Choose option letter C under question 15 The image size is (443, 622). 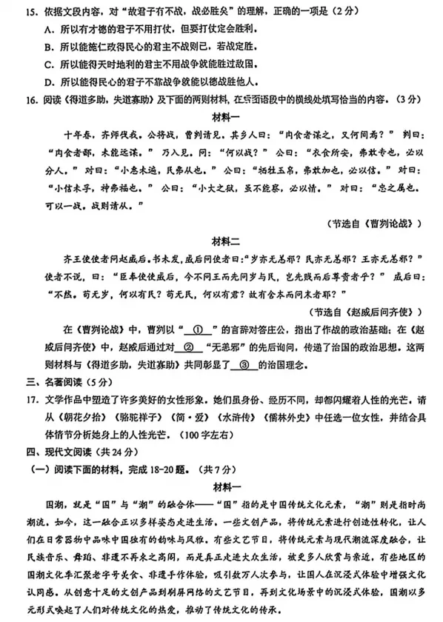[47, 63]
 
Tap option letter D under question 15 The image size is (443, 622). [47, 80]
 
